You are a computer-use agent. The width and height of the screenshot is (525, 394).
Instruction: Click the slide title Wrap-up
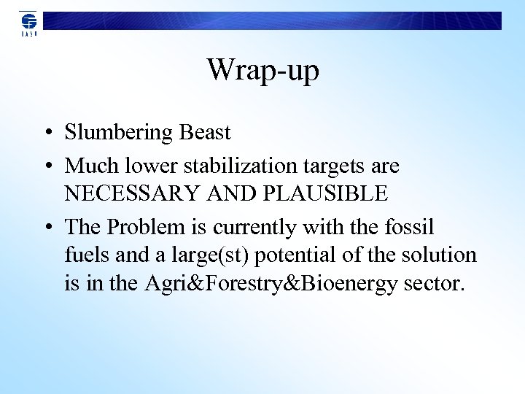coord(262,71)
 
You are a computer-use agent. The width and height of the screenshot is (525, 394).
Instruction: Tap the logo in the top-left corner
coord(28,23)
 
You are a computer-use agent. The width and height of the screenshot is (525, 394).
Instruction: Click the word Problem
coord(143,228)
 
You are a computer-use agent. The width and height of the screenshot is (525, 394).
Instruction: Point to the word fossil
coord(408,228)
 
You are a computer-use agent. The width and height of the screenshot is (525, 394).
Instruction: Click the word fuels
coord(84,255)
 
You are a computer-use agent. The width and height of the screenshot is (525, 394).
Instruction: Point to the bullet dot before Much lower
coord(47,167)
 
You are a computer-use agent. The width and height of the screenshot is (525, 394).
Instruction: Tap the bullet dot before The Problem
coord(47,228)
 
